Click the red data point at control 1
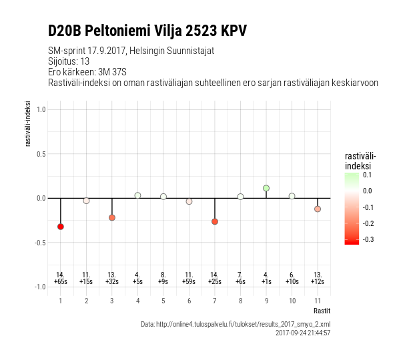click(x=61, y=227)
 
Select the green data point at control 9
click(x=266, y=188)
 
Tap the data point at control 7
click(x=215, y=221)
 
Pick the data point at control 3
click(x=112, y=218)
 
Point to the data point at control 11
click(x=318, y=209)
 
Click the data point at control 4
click(x=137, y=195)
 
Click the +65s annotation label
click(x=61, y=282)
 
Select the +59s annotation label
click(x=189, y=282)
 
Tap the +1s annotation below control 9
click(x=266, y=282)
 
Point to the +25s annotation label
click(x=215, y=282)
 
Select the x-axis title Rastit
click(x=321, y=311)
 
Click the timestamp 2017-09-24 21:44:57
click(x=302, y=333)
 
